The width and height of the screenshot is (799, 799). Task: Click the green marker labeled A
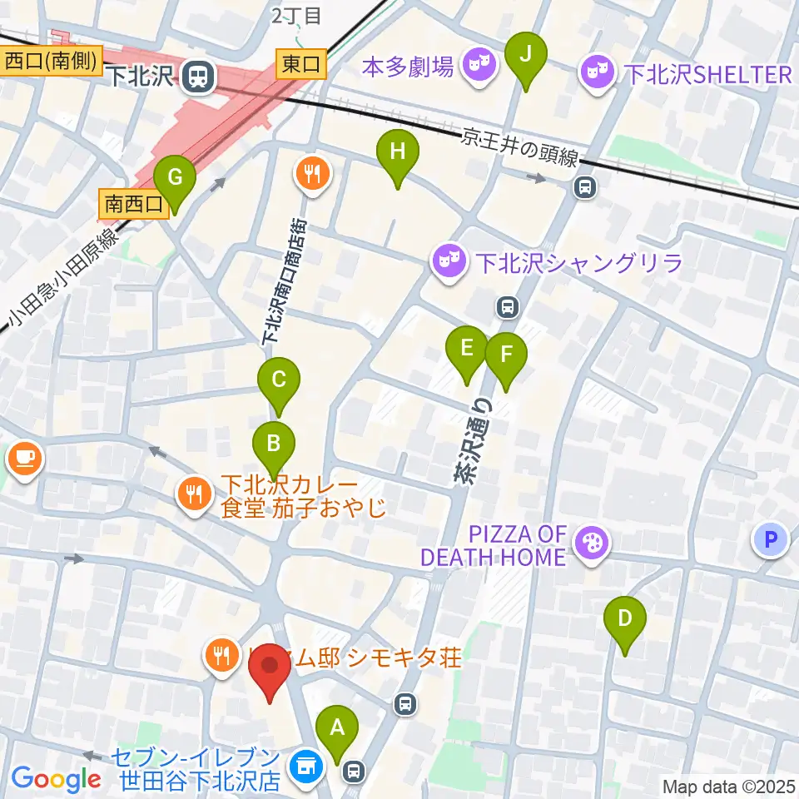(337, 727)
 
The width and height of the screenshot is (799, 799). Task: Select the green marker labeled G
(175, 178)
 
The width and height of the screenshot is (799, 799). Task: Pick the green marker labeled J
(526, 54)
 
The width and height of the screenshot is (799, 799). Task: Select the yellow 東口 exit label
(301, 63)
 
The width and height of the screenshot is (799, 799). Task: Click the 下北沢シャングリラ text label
(579, 265)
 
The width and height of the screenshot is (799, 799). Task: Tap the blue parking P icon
(770, 540)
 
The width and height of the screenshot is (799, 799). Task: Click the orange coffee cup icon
(23, 457)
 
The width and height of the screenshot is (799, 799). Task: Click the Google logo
(56, 778)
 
